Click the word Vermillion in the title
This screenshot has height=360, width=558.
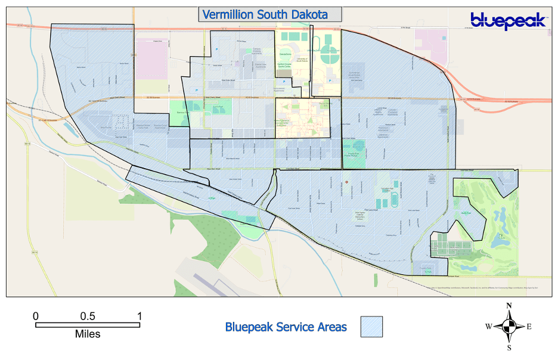coord(228,14)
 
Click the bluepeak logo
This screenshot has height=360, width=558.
coord(508,21)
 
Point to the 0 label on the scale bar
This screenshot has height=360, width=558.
coord(36,315)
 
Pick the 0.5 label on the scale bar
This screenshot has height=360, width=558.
coord(88,315)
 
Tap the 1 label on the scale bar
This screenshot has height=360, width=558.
coord(139,315)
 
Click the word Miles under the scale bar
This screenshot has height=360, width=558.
coord(88,334)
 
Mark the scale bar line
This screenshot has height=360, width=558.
coord(88,325)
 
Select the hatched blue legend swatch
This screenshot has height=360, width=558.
coord(371,327)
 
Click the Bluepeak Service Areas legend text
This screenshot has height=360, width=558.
coord(286,327)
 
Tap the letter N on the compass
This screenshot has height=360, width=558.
coord(509,306)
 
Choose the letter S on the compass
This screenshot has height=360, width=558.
coord(509,347)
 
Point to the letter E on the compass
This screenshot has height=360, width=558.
coord(529,327)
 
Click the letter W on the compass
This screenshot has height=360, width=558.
coord(488,327)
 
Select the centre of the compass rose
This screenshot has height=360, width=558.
coord(509,326)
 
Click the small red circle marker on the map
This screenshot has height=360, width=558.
coord(345,182)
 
